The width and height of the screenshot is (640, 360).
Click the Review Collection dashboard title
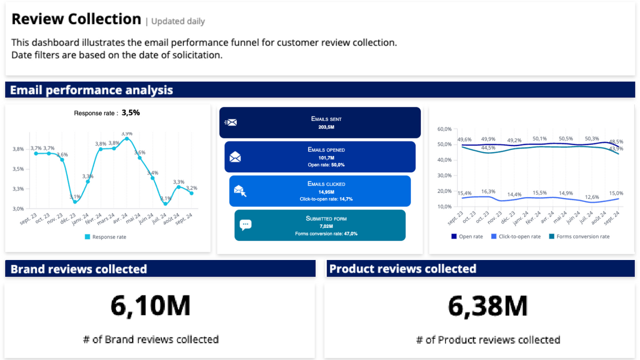[76, 19]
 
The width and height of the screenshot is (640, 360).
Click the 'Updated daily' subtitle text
[178, 21]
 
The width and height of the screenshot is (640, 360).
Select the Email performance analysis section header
[91, 90]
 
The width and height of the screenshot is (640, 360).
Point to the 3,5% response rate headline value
[130, 113]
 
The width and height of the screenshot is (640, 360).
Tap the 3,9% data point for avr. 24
[127, 138]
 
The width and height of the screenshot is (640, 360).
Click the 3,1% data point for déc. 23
[75, 201]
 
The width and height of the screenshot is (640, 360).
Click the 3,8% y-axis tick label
[17, 149]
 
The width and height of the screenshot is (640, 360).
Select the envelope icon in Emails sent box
[230, 122]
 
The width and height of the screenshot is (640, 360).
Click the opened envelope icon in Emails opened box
[235, 157]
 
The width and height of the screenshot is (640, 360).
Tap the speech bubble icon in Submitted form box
[245, 225]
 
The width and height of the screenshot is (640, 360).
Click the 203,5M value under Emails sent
[326, 127]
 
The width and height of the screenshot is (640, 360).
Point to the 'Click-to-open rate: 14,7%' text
[326, 199]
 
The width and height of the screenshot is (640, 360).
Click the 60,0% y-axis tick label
[444, 129]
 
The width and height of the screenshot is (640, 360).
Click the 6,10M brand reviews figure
[150, 306]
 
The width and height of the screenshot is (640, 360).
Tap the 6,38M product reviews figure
[487, 306]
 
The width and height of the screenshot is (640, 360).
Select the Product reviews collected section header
[402, 269]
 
